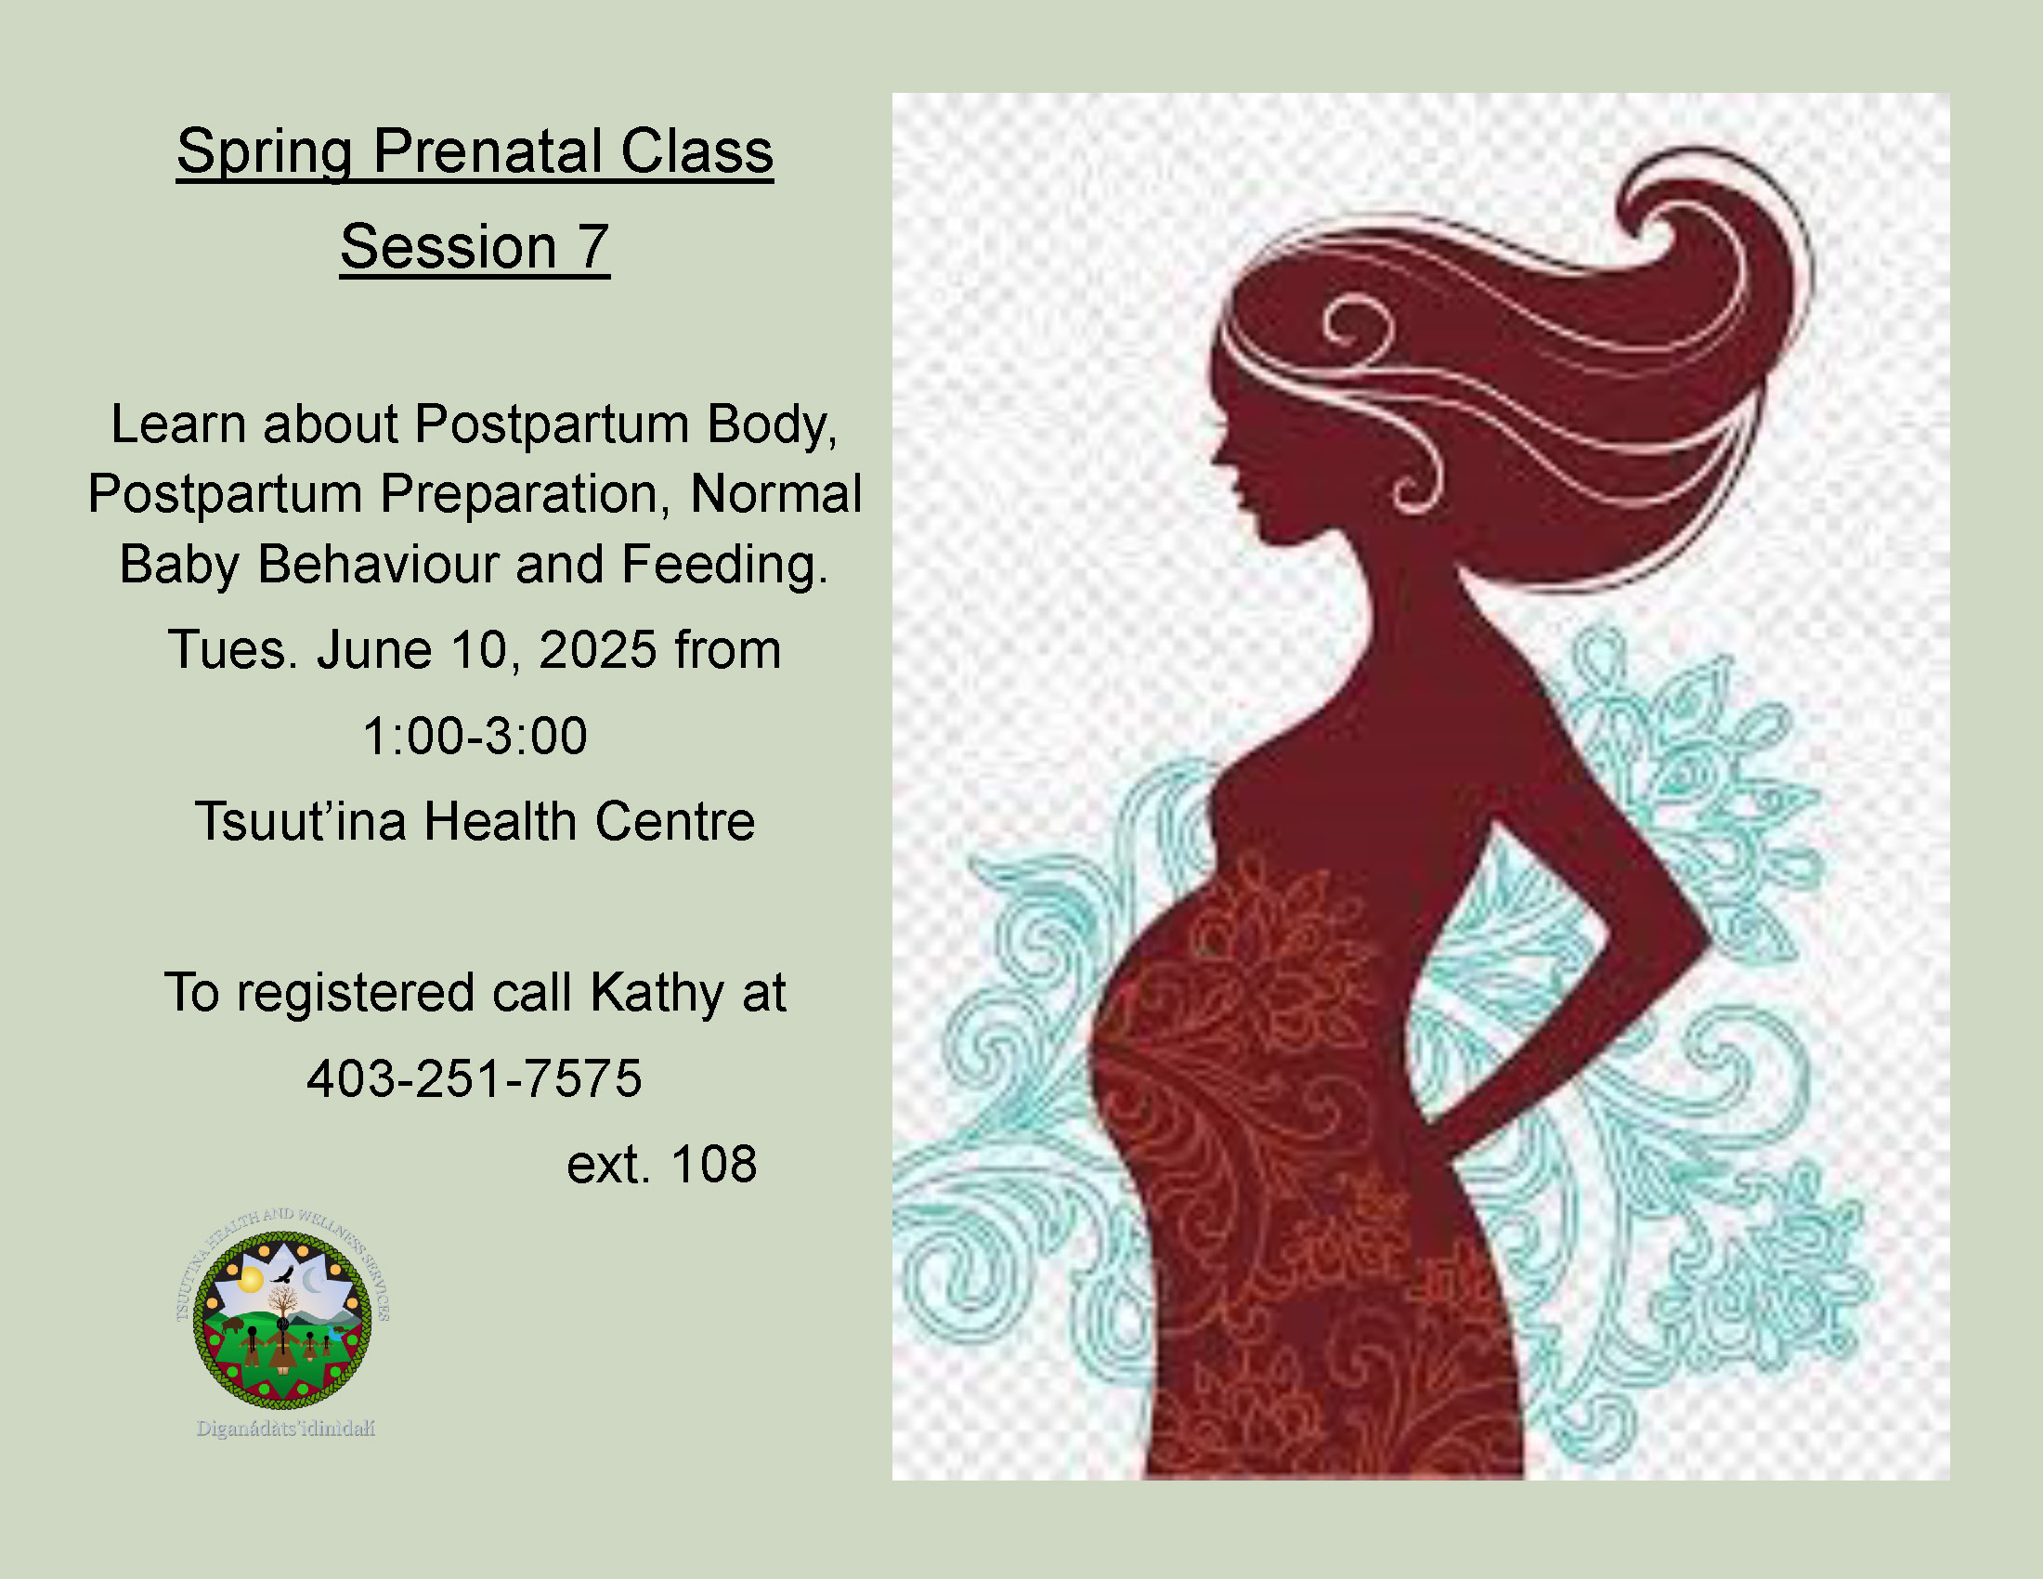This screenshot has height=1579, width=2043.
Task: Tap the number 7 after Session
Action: coord(593,246)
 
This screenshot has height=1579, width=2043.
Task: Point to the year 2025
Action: coord(598,649)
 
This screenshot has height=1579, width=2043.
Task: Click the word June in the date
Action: coord(374,649)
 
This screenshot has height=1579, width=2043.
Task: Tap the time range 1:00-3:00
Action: coord(475,736)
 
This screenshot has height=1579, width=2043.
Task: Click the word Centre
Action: coord(674,821)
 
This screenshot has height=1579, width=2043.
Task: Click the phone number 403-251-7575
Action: coord(475,1077)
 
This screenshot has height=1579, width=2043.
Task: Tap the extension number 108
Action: coord(714,1164)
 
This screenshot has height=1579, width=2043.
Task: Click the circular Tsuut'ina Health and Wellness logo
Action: coord(282,1318)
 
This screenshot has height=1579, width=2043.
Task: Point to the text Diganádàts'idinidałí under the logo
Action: coord(285,1429)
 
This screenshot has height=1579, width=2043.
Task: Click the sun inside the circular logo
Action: coord(250,1279)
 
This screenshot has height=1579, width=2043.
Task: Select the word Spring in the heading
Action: coord(265,152)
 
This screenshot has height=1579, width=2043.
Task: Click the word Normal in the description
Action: coord(776,494)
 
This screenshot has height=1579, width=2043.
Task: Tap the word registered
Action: coord(356,994)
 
